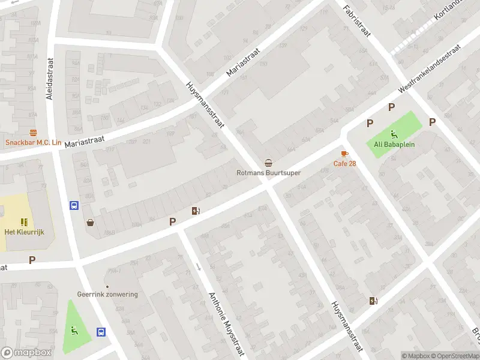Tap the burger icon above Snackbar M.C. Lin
(33, 133)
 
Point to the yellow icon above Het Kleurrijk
(24, 222)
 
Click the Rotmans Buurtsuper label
(268, 173)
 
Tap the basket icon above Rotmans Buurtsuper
(268, 163)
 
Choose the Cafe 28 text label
(344, 164)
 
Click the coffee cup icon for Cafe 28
(344, 154)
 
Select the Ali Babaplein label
(395, 144)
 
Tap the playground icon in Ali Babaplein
(394, 134)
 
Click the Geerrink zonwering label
(107, 295)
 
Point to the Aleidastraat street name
(50, 78)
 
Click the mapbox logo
(26, 353)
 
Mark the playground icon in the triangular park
(74, 329)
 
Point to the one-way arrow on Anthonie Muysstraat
(199, 266)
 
